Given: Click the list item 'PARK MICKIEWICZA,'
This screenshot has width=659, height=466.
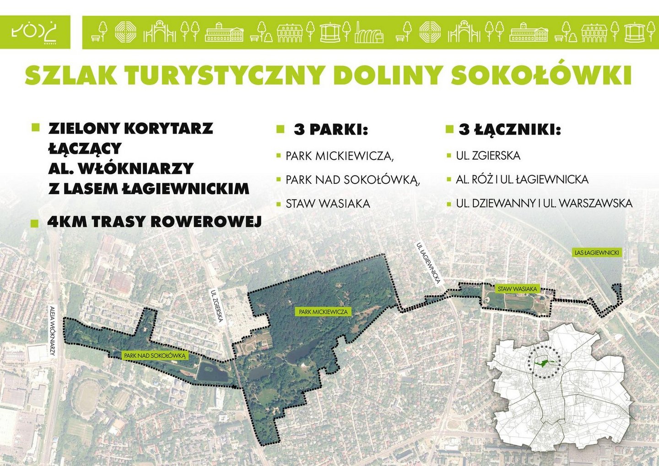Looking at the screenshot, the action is coord(340,156).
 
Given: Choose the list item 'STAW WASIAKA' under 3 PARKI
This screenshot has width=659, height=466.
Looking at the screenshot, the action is coord(328,204).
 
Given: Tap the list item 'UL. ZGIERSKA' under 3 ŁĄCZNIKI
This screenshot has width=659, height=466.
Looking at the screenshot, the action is coord(488,156).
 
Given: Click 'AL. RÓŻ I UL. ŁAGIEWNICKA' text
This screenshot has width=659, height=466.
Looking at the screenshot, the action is coord(522,179).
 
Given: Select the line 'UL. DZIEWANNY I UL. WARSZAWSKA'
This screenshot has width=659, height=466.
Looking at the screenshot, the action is coord(544,204).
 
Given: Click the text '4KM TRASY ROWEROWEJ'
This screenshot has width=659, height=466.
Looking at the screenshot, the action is coord(155,222).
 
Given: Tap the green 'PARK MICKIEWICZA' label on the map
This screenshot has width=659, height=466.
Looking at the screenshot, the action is coord(323,312).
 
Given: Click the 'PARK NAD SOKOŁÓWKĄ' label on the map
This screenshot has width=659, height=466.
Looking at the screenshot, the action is coord(154,356).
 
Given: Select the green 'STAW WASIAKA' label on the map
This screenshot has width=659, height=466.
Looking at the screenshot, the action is coord(517,289).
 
